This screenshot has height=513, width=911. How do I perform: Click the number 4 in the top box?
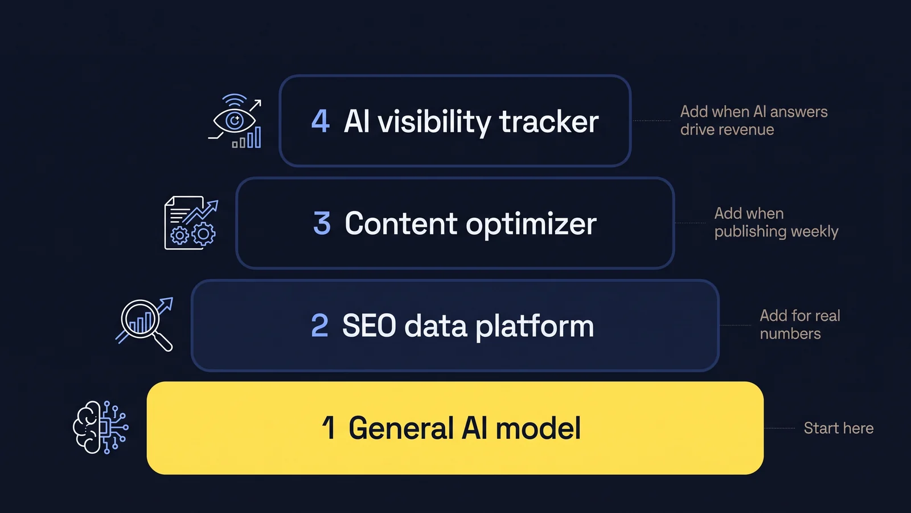(x=321, y=121)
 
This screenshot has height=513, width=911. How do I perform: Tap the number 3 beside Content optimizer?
(x=322, y=223)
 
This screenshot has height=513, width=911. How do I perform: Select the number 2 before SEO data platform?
(x=319, y=325)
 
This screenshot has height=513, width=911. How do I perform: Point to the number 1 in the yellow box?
(x=328, y=427)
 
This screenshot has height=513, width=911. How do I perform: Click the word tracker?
(x=549, y=121)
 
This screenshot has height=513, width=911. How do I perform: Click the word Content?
(x=401, y=223)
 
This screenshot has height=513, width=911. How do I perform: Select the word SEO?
(x=369, y=325)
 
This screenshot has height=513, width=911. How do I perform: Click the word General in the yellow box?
(x=401, y=428)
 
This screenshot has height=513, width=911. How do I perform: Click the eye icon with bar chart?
(x=235, y=121)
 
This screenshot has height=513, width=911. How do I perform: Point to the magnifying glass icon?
(x=145, y=324)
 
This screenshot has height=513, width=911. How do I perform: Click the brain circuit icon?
(x=101, y=427)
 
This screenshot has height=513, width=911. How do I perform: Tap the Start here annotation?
(x=839, y=428)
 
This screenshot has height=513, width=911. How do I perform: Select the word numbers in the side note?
(x=790, y=334)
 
